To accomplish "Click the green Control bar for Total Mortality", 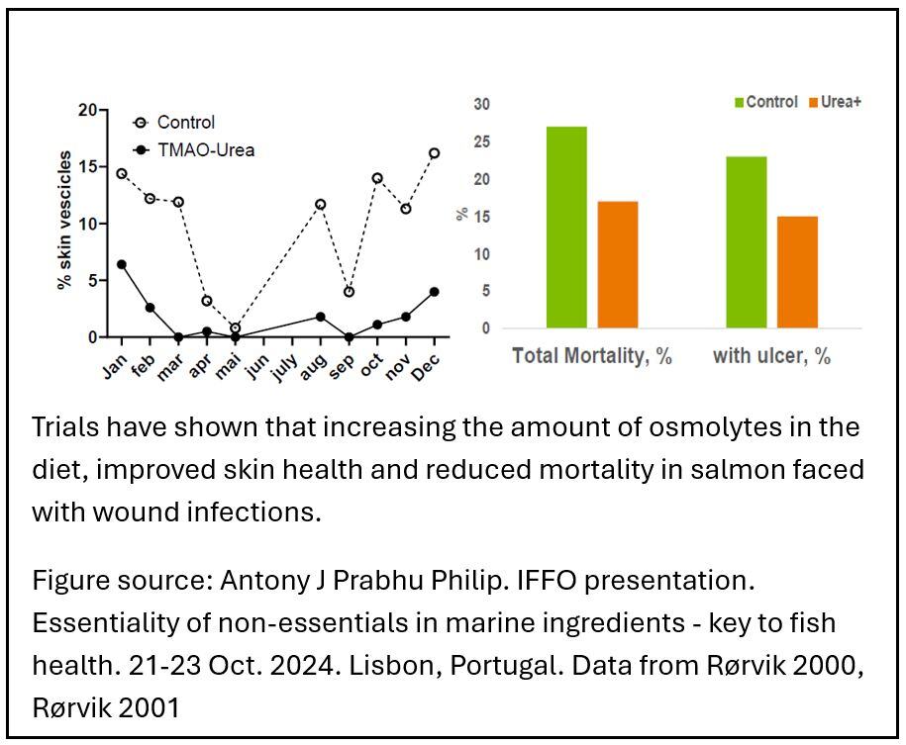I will (566, 227).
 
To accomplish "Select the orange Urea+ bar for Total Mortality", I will (618, 264).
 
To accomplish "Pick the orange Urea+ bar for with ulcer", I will (797, 271).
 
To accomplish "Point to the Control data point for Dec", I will (434, 153).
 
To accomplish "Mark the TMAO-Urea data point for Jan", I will (122, 264).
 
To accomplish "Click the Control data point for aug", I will (320, 205).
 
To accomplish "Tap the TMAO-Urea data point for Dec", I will (434, 292).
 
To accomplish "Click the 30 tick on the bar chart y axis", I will (481, 104).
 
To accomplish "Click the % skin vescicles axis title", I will (64, 220).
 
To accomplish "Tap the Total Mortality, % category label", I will (592, 356).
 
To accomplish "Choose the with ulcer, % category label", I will (771, 356).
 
